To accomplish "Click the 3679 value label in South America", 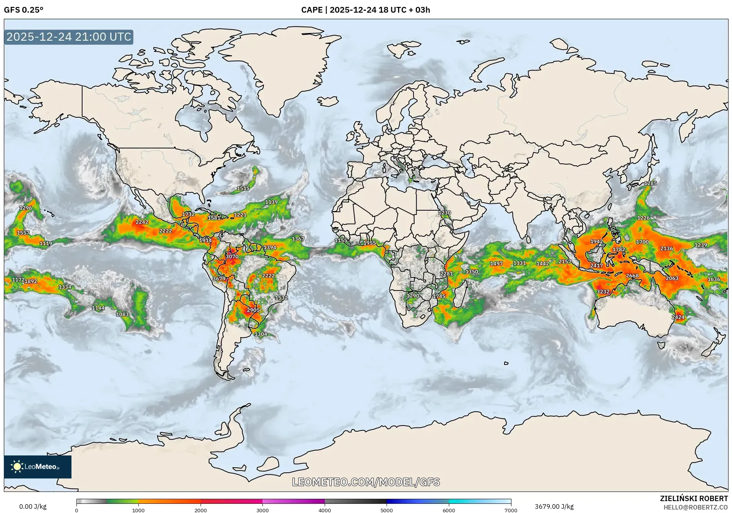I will coord(219,279).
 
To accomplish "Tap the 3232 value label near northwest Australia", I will coord(603,292).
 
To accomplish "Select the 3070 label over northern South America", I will coord(232,256).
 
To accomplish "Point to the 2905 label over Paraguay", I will coord(253,310).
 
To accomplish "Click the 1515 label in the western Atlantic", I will coord(243,188).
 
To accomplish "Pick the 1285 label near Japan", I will coord(650,183).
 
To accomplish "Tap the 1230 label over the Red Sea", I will coord(445,213).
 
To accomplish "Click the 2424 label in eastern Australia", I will coord(678,317).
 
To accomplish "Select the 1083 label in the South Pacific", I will coord(122,314).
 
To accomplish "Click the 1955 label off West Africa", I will coord(369,243).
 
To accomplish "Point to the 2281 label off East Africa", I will coord(446,274).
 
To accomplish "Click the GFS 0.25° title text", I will coord(23,10).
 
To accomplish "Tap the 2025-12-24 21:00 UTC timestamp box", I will coord(69,37).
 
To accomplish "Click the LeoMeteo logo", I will coord(37,467).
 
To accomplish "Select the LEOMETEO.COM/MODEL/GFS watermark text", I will coord(366,482).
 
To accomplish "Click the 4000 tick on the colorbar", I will coord(325,510).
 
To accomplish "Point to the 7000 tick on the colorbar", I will coord(511,510).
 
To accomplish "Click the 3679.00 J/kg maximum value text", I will coord(554,506).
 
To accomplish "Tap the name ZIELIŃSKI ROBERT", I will coord(694,498).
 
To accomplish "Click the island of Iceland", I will coord(327,101).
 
